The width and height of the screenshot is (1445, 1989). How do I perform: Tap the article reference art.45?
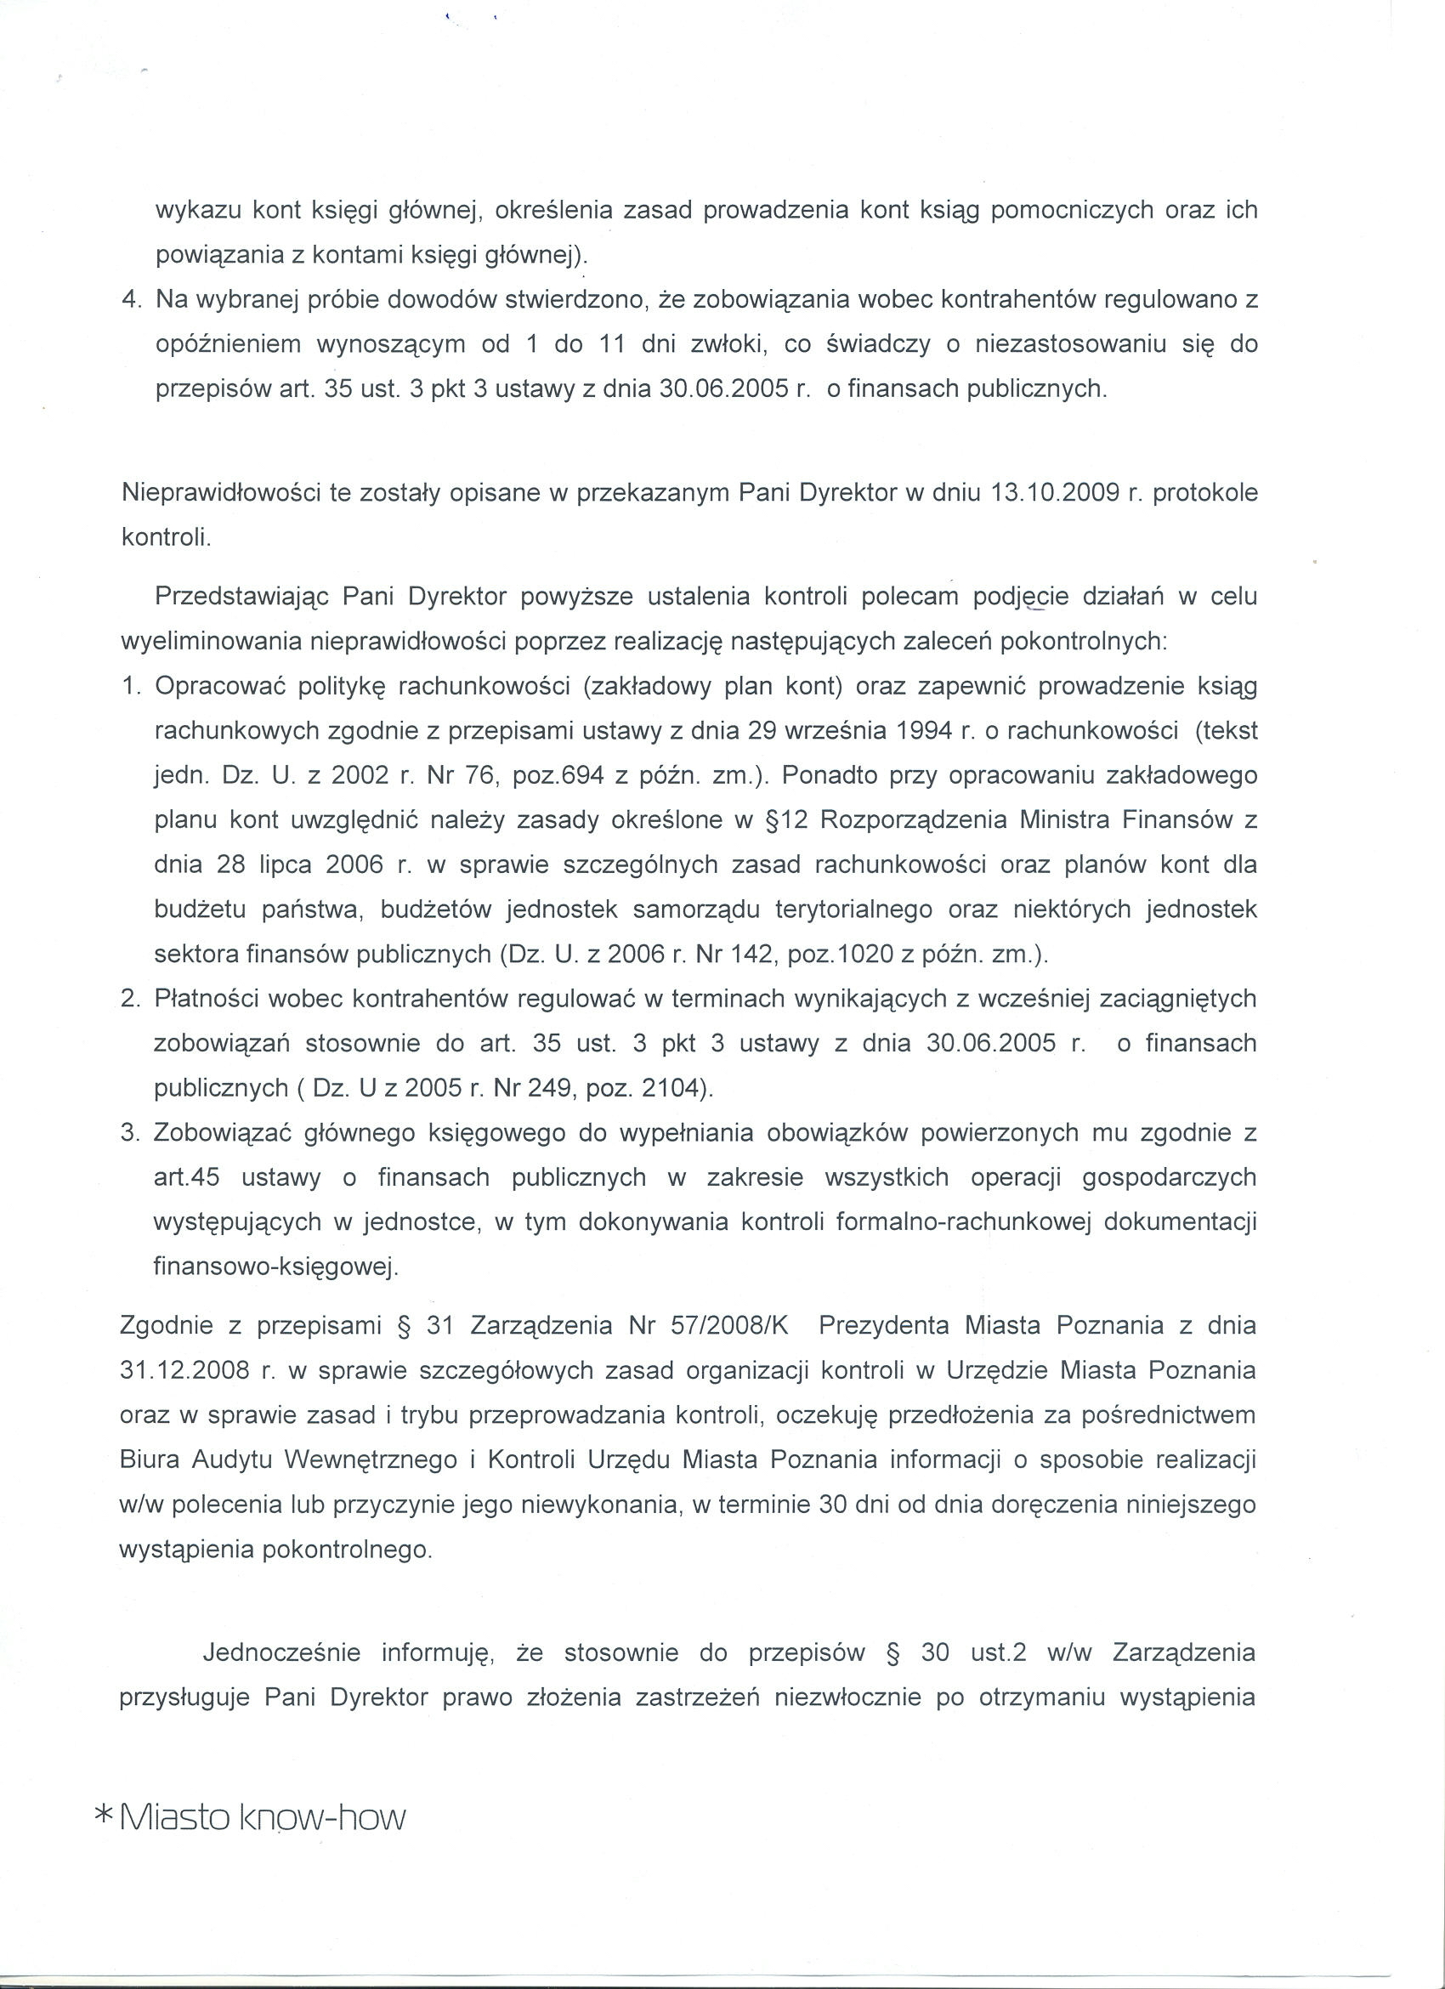click(x=186, y=1178)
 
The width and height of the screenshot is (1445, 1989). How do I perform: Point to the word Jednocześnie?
click(x=281, y=1653)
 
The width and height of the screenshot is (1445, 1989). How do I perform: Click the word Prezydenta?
click(x=883, y=1324)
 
